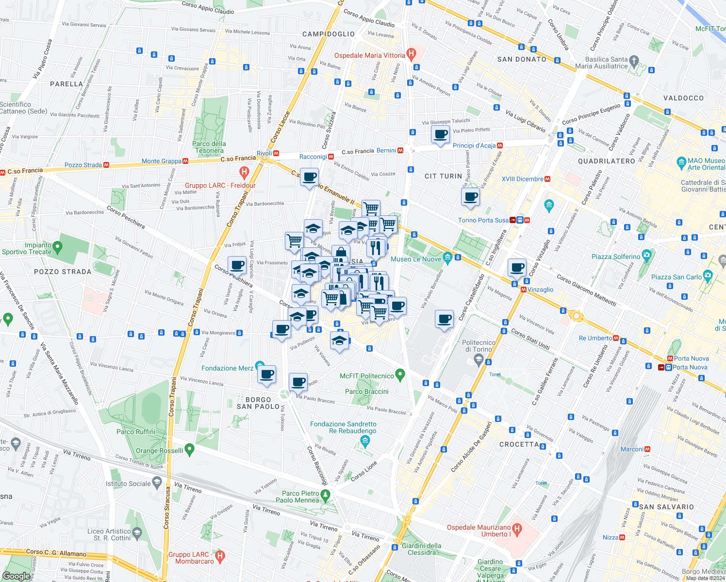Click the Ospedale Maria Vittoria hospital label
(x=369, y=55)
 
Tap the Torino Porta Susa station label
(x=483, y=220)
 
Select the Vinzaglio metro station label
(x=540, y=290)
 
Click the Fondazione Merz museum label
(x=227, y=368)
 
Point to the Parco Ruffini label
(x=136, y=432)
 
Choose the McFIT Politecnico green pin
(x=400, y=374)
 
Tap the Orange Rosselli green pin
(x=190, y=449)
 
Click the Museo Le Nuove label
(x=416, y=259)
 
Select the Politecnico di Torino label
(x=478, y=346)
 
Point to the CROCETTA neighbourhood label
(x=519, y=444)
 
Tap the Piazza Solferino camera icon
(x=646, y=255)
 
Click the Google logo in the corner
(x=16, y=576)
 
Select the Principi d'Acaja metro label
(x=474, y=145)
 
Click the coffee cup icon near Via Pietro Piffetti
(x=440, y=134)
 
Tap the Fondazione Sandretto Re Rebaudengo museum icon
(x=365, y=440)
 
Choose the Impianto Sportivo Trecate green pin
(x=58, y=247)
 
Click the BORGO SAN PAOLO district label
(x=258, y=403)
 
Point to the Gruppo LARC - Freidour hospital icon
(x=244, y=172)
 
